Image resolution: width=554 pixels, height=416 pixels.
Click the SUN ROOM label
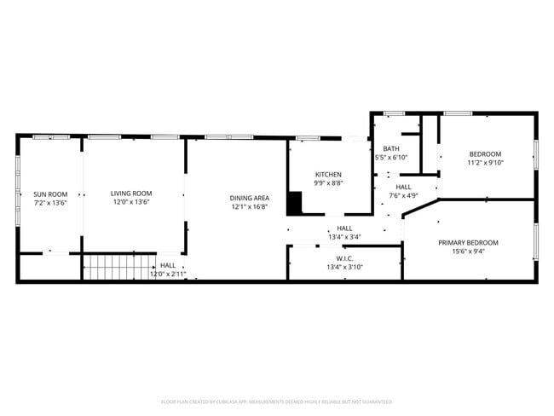50,194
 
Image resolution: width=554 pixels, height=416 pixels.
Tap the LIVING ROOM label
131,193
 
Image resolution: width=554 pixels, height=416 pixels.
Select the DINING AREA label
249,198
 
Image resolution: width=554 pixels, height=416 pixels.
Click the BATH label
390,148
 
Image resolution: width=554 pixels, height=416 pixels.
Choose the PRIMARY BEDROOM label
468,242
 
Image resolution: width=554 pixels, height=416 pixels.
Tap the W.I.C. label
344,258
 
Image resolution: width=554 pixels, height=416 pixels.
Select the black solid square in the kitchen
295,203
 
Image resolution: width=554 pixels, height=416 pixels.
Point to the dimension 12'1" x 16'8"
249,206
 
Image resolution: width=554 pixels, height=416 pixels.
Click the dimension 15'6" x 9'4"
468,251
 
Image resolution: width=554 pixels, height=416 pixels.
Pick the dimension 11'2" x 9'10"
486,163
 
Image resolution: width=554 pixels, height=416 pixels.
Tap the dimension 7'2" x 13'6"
50,203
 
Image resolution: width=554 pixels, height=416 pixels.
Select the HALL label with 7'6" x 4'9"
403,187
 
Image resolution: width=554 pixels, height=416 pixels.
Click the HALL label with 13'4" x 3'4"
344,228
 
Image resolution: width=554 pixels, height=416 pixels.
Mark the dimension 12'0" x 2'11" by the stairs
168,274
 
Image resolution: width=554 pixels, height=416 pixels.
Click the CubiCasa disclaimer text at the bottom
277,401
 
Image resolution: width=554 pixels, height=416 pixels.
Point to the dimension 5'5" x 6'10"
391,158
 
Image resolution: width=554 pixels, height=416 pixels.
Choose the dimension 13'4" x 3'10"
344,267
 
